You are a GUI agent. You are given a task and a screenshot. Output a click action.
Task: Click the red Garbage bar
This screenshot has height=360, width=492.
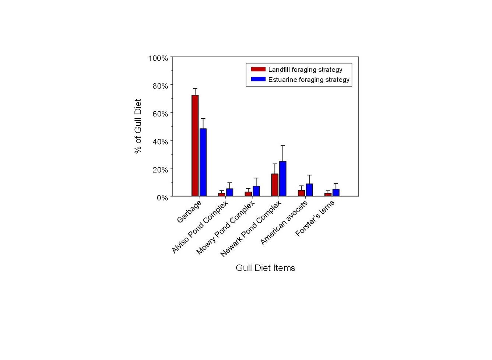(x=195, y=146)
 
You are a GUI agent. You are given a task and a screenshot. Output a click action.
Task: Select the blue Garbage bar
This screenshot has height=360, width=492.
(x=203, y=162)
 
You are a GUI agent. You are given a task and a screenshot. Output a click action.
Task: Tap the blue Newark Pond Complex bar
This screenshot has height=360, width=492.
(x=282, y=179)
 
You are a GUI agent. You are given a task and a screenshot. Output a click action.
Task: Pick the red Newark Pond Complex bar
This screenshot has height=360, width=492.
(x=275, y=185)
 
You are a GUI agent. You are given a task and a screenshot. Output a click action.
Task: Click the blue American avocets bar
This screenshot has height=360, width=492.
(x=309, y=190)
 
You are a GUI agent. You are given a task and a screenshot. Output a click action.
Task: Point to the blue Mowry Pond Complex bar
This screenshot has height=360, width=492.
(x=256, y=191)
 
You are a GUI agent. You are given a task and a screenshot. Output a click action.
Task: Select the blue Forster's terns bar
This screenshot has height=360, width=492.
(x=336, y=193)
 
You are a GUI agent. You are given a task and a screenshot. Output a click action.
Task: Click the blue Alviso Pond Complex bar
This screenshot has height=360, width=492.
(x=229, y=192)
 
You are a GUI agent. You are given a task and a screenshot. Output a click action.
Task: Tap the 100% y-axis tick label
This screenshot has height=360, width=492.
(x=158, y=58)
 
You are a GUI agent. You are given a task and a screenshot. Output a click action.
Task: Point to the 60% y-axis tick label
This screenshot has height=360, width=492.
(x=160, y=114)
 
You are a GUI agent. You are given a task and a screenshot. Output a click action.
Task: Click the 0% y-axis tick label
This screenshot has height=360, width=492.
(x=162, y=198)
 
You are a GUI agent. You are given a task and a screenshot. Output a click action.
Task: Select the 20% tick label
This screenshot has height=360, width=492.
(x=160, y=170)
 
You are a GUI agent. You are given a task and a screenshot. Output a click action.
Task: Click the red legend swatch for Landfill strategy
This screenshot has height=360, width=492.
(x=258, y=69)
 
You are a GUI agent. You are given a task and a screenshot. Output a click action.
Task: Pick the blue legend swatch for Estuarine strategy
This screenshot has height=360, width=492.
(x=258, y=79)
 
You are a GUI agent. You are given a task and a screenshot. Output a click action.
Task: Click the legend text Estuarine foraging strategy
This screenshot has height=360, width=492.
(x=309, y=80)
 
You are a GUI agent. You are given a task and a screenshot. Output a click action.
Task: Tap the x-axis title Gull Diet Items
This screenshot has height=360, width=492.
(x=265, y=268)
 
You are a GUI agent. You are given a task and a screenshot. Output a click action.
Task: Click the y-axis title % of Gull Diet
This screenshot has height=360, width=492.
(x=138, y=126)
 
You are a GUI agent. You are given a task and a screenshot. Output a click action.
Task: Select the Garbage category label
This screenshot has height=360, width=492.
(x=189, y=212)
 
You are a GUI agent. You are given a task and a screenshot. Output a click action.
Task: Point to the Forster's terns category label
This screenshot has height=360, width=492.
(x=315, y=219)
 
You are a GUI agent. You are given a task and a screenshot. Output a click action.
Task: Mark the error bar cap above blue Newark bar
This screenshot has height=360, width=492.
(x=283, y=146)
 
